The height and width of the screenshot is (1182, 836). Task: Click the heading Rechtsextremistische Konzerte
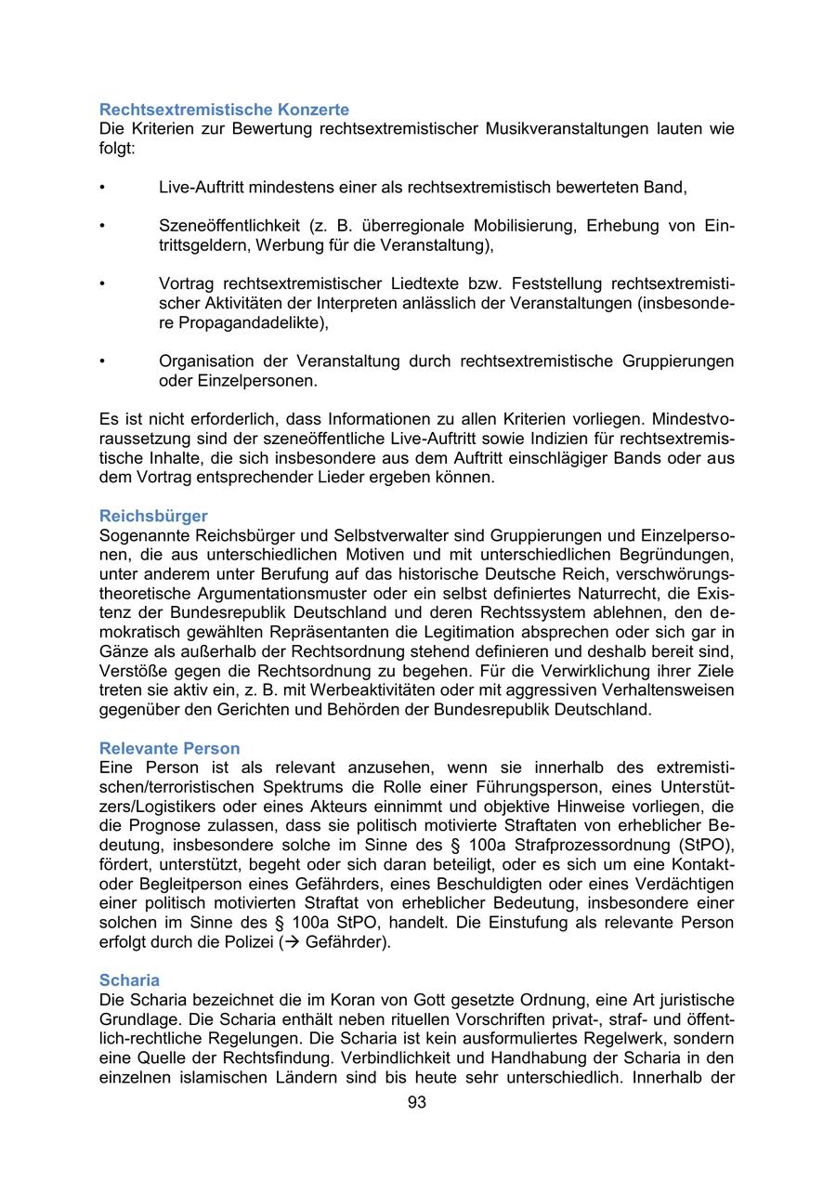point(224,110)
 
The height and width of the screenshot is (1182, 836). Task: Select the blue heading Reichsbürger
point(153,516)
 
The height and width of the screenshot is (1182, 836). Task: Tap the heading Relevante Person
point(169,748)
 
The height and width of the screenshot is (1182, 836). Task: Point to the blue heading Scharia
point(129,980)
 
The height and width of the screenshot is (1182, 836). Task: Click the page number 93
point(417,1103)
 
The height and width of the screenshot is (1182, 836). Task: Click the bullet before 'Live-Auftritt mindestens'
point(102,188)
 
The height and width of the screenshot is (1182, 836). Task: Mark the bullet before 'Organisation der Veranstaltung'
point(102,361)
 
